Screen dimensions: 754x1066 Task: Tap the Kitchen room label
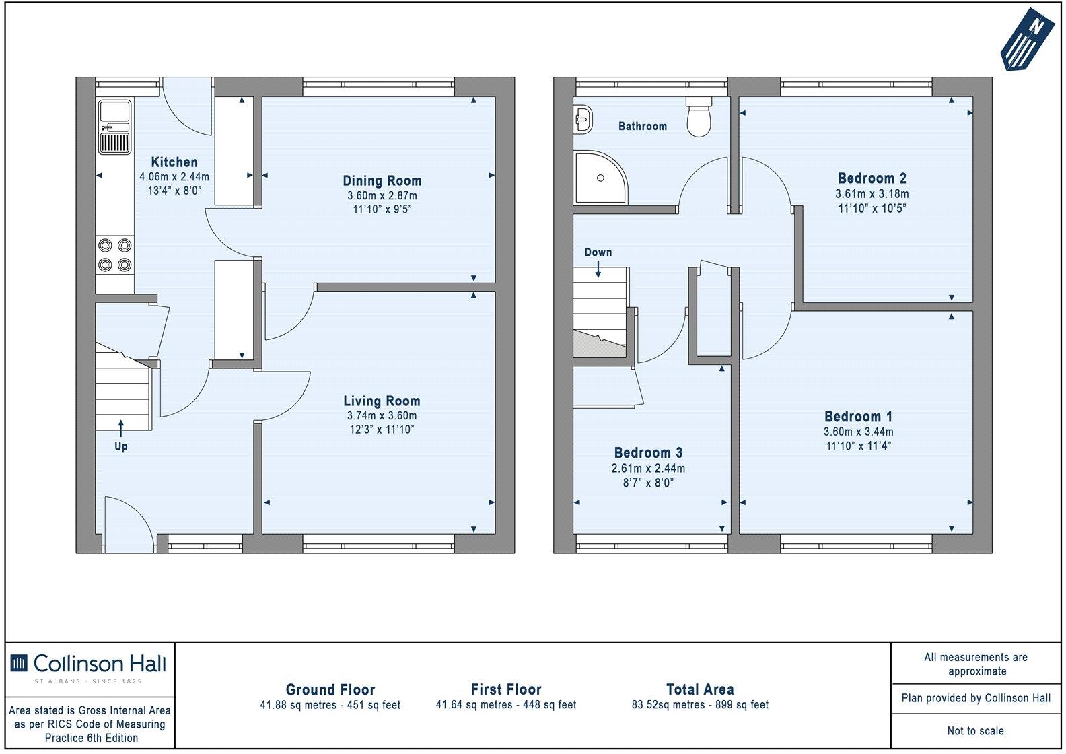[174, 162]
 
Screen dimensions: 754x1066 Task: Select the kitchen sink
[115, 126]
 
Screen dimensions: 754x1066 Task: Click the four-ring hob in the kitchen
[115, 255]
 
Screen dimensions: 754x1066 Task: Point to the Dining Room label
[382, 181]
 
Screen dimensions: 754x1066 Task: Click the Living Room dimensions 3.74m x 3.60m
[382, 416]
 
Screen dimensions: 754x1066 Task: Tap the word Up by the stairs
[121, 446]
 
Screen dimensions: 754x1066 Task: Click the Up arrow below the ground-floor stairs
[121, 428]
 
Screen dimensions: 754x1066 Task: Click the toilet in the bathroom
[699, 116]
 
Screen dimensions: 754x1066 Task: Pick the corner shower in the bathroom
[598, 177]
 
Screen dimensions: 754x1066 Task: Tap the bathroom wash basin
[583, 119]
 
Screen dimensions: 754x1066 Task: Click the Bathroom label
[643, 126]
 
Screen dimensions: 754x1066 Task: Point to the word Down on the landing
[598, 252]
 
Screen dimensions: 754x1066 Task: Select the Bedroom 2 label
[872, 178]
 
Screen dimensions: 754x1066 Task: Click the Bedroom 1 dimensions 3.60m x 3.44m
[859, 432]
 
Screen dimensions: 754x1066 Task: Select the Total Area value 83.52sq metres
[700, 705]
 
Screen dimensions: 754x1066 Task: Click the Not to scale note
[975, 731]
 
